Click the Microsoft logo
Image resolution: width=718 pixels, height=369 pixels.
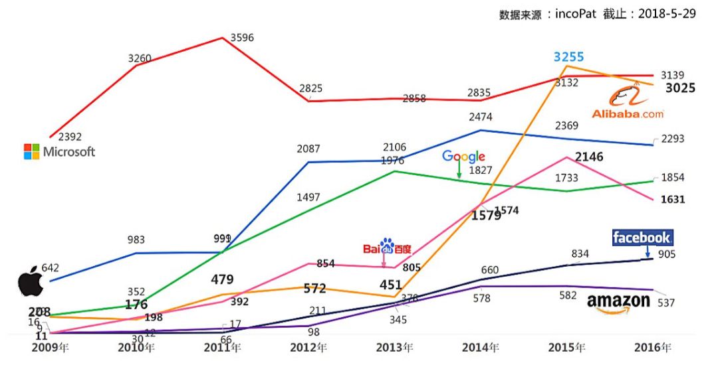(x=59, y=151)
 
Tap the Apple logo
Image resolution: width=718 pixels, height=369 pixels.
(x=30, y=281)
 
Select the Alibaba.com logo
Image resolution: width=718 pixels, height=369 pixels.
(x=628, y=106)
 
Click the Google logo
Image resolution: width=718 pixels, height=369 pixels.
(x=463, y=157)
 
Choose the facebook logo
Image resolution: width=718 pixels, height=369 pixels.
(x=642, y=237)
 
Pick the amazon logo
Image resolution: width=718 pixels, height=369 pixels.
(x=618, y=303)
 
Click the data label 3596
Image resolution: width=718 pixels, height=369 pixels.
(x=242, y=37)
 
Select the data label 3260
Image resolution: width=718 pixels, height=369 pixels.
(x=140, y=58)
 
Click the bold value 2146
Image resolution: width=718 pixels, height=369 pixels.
(x=589, y=157)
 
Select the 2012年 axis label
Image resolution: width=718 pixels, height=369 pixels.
(x=309, y=347)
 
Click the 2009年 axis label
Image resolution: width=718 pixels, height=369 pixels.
(x=50, y=347)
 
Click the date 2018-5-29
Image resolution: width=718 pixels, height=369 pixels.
(x=667, y=14)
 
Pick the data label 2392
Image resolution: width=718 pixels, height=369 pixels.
(x=70, y=137)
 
